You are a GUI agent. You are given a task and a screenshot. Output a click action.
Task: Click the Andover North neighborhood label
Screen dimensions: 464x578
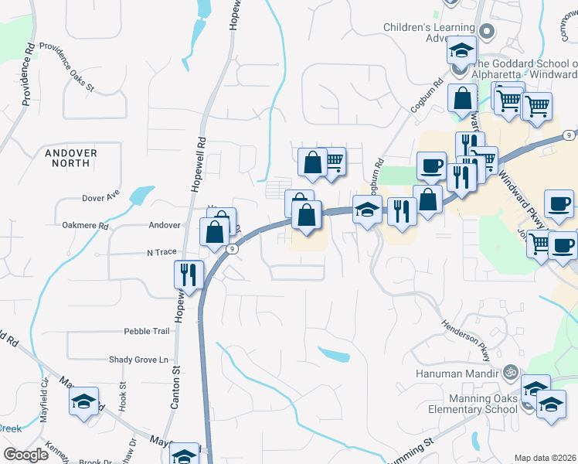click(x=71, y=159)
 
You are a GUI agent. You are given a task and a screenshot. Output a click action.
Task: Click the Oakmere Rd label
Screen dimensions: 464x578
click(x=85, y=226)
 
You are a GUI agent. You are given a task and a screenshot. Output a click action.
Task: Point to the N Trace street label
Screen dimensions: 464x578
click(x=161, y=252)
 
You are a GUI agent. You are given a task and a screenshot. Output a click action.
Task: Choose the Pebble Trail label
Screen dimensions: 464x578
click(x=146, y=331)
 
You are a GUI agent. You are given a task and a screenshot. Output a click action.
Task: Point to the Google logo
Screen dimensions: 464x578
click(x=26, y=455)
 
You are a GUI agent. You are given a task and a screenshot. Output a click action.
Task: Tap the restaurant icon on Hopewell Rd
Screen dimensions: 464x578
click(x=188, y=274)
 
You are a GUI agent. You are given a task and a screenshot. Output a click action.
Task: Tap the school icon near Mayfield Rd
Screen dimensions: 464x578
click(x=83, y=401)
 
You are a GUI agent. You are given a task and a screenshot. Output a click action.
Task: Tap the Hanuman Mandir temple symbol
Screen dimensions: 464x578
click(x=508, y=372)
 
